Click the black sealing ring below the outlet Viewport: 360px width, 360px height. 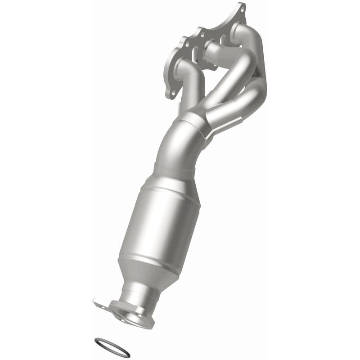112,347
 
